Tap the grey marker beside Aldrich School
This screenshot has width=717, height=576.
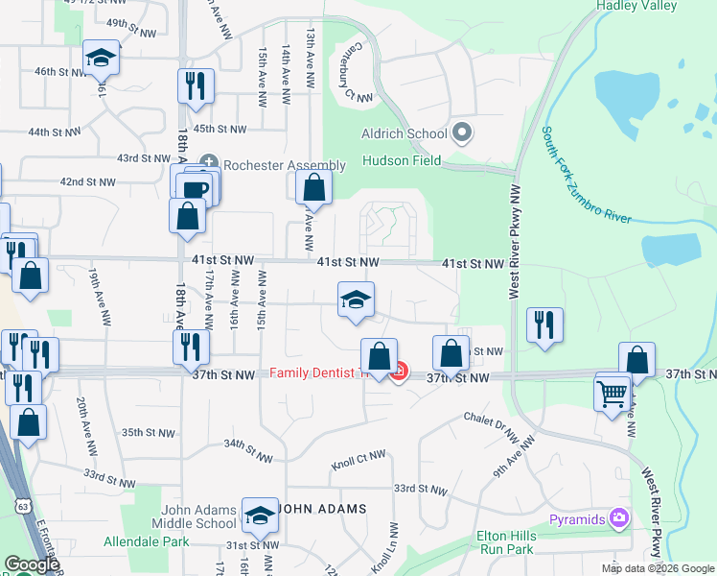[462, 132]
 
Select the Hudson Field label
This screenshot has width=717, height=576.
[401, 161]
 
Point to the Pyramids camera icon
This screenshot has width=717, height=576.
[619, 519]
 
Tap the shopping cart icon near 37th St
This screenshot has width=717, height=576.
[613, 392]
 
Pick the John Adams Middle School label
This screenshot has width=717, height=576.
[193, 516]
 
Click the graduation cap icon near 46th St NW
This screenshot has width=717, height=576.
[101, 59]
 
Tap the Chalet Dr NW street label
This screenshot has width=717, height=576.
[491, 420]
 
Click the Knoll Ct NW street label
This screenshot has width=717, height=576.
[358, 462]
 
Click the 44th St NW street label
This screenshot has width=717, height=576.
[52, 132]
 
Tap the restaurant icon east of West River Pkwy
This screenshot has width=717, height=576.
[544, 324]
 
